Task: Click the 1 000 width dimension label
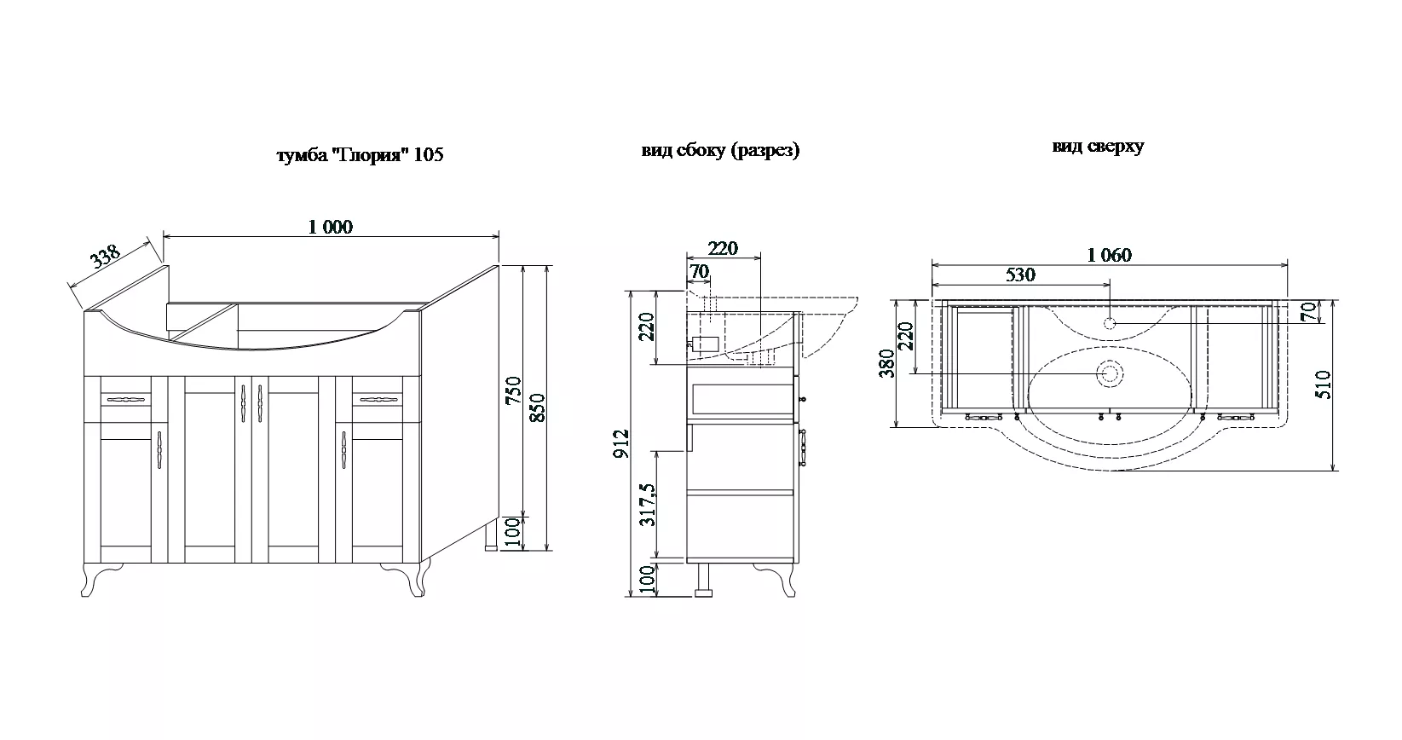[331, 227]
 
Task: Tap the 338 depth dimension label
[105, 257]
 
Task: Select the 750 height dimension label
[513, 390]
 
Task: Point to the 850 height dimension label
[538, 408]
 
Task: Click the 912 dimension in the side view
[620, 443]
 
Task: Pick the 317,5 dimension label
[647, 506]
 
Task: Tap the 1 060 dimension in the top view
[1109, 255]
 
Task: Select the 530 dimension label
[1020, 275]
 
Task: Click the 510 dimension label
[1324, 384]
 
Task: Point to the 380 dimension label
[887, 363]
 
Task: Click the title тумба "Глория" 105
[360, 154]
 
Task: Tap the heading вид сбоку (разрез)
[720, 151]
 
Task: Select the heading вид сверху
[1098, 147]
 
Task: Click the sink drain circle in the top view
[1110, 374]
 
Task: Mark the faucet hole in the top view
[1109, 324]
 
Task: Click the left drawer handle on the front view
[126, 400]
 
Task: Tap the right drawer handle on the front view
[378, 399]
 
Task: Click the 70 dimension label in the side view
[699, 271]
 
